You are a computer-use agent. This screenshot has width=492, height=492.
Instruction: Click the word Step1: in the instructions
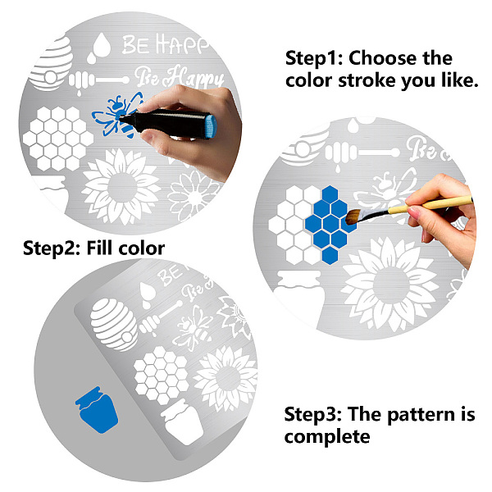pos(314,59)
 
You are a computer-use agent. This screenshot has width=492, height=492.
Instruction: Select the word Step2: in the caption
pos(52,248)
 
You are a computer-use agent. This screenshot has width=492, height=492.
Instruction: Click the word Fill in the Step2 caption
pos(99,248)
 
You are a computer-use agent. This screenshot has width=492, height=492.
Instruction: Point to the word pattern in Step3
pos(421,414)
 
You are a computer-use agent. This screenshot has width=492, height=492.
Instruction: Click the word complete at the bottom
pos(327,437)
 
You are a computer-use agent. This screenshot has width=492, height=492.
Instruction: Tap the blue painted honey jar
pos(97,410)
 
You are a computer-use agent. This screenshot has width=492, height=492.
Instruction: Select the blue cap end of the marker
pos(211,126)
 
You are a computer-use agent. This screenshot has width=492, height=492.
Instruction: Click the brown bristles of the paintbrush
pos(353,216)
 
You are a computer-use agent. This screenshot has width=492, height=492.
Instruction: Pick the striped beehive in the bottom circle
pos(114,324)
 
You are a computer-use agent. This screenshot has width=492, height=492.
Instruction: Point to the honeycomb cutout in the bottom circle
pos(162,376)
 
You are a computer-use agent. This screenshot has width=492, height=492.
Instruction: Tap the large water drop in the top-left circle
pos(102,45)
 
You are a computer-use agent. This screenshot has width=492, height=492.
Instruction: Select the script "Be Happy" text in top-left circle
pos(180,77)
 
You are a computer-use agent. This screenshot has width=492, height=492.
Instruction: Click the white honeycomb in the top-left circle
pos(58,139)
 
